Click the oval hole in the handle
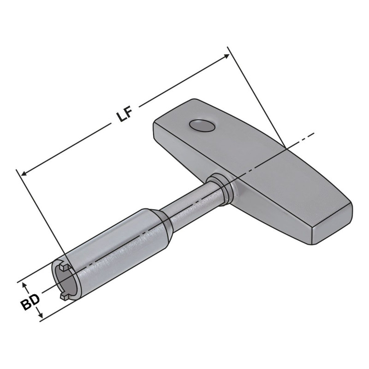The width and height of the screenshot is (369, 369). [202, 125]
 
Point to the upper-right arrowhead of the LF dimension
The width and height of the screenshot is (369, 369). [226, 56]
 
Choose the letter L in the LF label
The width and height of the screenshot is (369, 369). [121, 117]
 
